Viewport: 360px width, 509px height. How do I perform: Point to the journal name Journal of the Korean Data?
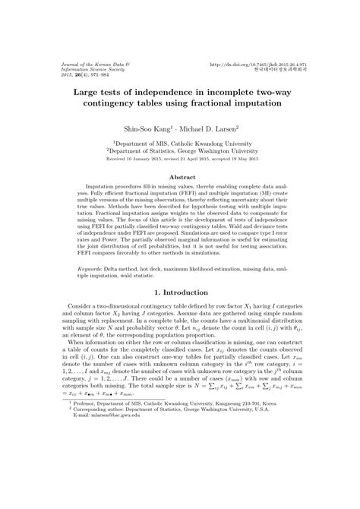pyautogui.click(x=87, y=65)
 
